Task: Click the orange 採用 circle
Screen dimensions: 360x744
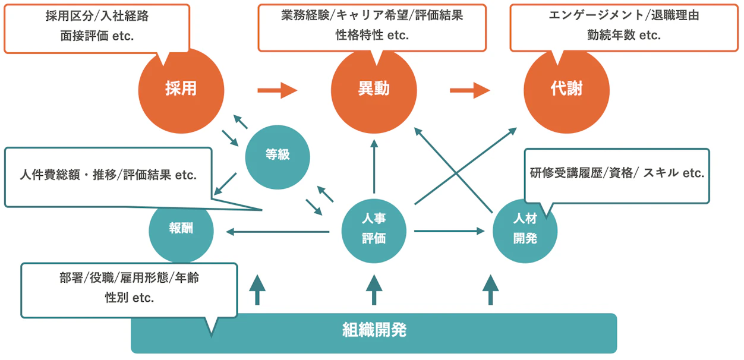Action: (x=181, y=90)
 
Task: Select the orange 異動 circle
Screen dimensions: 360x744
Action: (x=374, y=90)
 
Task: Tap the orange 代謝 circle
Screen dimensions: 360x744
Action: (x=566, y=90)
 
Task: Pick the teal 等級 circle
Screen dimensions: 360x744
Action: (x=278, y=157)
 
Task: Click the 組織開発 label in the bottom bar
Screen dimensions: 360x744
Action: (x=374, y=330)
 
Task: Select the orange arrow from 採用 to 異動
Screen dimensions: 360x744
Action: (x=277, y=90)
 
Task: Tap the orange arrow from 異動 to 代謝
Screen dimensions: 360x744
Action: (x=469, y=90)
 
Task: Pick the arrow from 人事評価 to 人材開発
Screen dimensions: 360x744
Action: (x=449, y=230)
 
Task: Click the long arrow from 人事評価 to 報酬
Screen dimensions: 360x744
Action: (x=273, y=231)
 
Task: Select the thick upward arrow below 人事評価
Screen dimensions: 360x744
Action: (x=374, y=289)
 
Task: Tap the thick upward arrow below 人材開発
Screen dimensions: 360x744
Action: (x=490, y=289)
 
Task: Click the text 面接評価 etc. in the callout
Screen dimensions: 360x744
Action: (x=97, y=36)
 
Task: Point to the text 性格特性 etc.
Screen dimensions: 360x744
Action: (x=372, y=36)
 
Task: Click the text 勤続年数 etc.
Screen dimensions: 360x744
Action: (x=624, y=36)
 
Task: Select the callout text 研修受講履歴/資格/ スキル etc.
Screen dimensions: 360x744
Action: (x=617, y=173)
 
